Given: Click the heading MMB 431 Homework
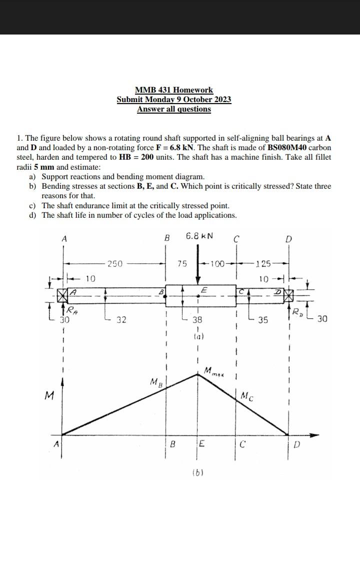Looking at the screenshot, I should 174,90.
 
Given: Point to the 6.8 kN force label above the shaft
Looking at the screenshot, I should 199,236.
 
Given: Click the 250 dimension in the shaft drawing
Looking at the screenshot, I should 115,263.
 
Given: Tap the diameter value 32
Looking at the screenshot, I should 121,319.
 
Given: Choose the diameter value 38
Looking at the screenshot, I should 197,319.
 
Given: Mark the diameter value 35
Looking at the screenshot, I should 263,319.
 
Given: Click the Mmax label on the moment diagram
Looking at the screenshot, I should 214,372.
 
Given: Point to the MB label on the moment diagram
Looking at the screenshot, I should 156,383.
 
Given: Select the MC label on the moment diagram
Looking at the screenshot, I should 247,397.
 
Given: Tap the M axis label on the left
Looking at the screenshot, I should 49,396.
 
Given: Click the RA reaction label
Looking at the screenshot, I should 72,310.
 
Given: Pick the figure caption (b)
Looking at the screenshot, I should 198,471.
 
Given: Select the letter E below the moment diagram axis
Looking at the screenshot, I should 201,443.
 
